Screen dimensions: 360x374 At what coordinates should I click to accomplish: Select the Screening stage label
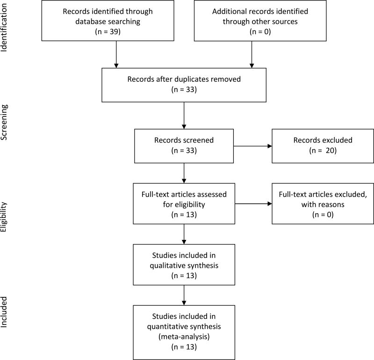6,122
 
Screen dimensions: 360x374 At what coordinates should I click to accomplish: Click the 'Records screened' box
184,146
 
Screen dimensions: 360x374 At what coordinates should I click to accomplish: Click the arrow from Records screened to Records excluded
252,146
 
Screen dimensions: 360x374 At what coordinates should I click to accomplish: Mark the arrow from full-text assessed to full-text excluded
252,204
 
